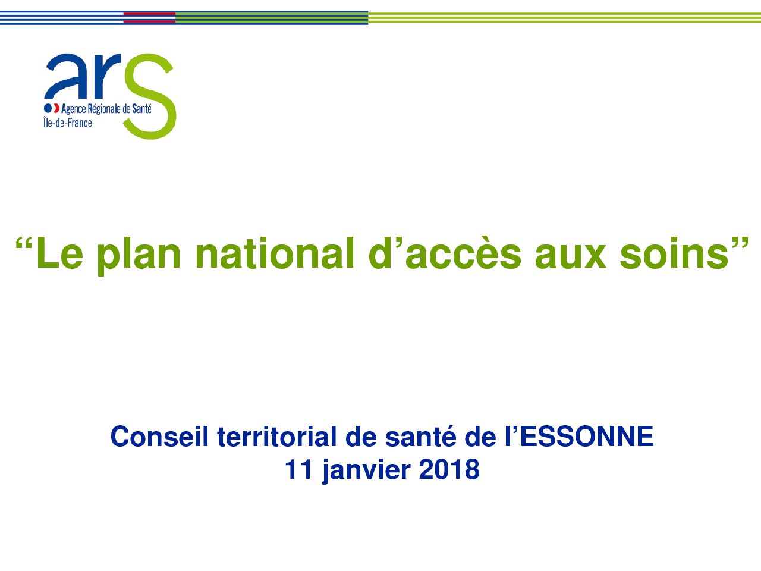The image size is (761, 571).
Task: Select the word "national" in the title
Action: [x=275, y=252]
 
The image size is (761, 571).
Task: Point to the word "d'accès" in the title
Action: [x=445, y=252]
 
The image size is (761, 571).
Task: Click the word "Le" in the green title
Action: [x=59, y=252]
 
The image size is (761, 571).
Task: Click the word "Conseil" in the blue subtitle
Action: [x=159, y=437]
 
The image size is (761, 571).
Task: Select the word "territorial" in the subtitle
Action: [x=277, y=437]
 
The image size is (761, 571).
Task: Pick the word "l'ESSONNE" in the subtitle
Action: [x=578, y=437]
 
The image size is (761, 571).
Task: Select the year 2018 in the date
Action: [x=449, y=469]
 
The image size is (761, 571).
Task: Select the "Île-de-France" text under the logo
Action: [x=68, y=123]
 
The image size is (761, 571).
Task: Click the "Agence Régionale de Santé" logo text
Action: [x=106, y=109]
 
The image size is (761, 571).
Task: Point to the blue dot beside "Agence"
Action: [x=48, y=108]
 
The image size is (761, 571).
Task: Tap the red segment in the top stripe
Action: [x=149, y=17]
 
